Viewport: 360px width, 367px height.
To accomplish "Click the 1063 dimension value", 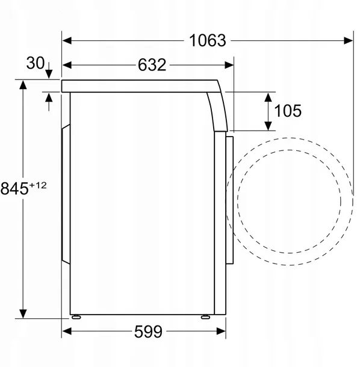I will (208, 40).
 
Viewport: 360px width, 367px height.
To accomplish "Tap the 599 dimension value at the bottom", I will (144, 331).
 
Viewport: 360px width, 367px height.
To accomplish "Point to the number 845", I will (14, 189).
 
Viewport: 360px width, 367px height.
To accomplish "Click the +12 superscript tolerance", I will (38, 184).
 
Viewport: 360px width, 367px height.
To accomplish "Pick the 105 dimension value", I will (287, 111).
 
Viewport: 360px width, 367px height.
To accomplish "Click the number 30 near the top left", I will (36, 63).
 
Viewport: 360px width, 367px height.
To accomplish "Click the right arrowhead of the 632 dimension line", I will (228, 65).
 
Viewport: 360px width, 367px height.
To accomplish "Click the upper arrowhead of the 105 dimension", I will (267, 96).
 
